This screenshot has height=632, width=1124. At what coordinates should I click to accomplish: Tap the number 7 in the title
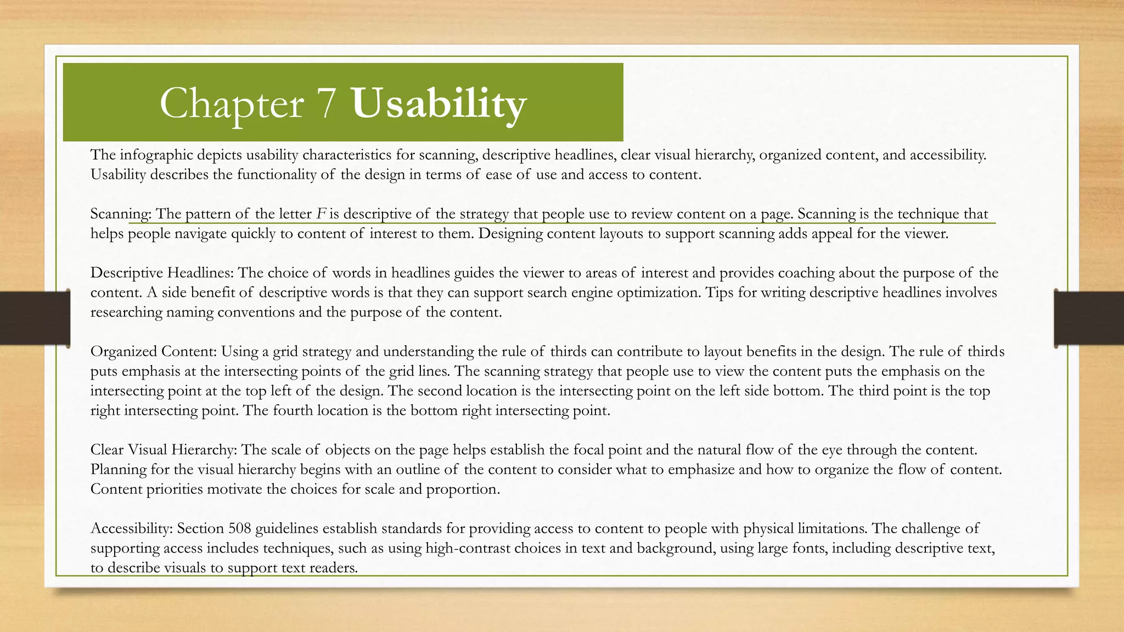coord(325,104)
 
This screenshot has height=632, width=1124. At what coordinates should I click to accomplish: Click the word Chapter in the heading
coord(232,104)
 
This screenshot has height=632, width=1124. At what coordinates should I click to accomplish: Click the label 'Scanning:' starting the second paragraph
coord(121,214)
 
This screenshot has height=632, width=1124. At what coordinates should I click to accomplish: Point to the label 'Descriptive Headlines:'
coord(162,273)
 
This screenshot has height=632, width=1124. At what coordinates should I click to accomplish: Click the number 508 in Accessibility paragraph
coord(240,528)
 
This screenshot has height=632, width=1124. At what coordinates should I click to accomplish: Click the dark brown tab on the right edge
coord(1089,318)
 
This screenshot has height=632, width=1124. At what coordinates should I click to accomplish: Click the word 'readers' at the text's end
coord(333,568)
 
